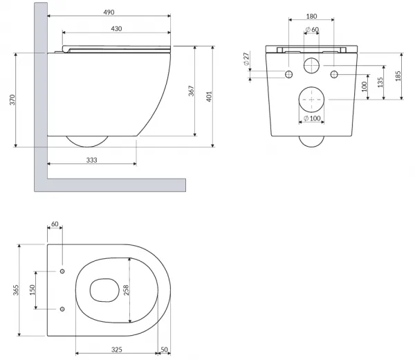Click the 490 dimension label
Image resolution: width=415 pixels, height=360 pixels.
point(109,12)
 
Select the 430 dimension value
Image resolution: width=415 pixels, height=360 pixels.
point(116,28)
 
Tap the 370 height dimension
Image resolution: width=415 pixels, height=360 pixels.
point(12,100)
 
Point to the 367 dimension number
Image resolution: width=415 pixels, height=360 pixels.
point(191,91)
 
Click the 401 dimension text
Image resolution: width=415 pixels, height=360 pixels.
point(209,96)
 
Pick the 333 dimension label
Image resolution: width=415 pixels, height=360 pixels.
point(91,160)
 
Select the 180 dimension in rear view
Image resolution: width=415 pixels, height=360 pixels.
point(311,17)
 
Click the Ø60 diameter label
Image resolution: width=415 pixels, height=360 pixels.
point(312,29)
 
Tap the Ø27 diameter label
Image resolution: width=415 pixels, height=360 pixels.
point(246,59)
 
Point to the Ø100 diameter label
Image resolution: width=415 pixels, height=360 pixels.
point(312,118)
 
